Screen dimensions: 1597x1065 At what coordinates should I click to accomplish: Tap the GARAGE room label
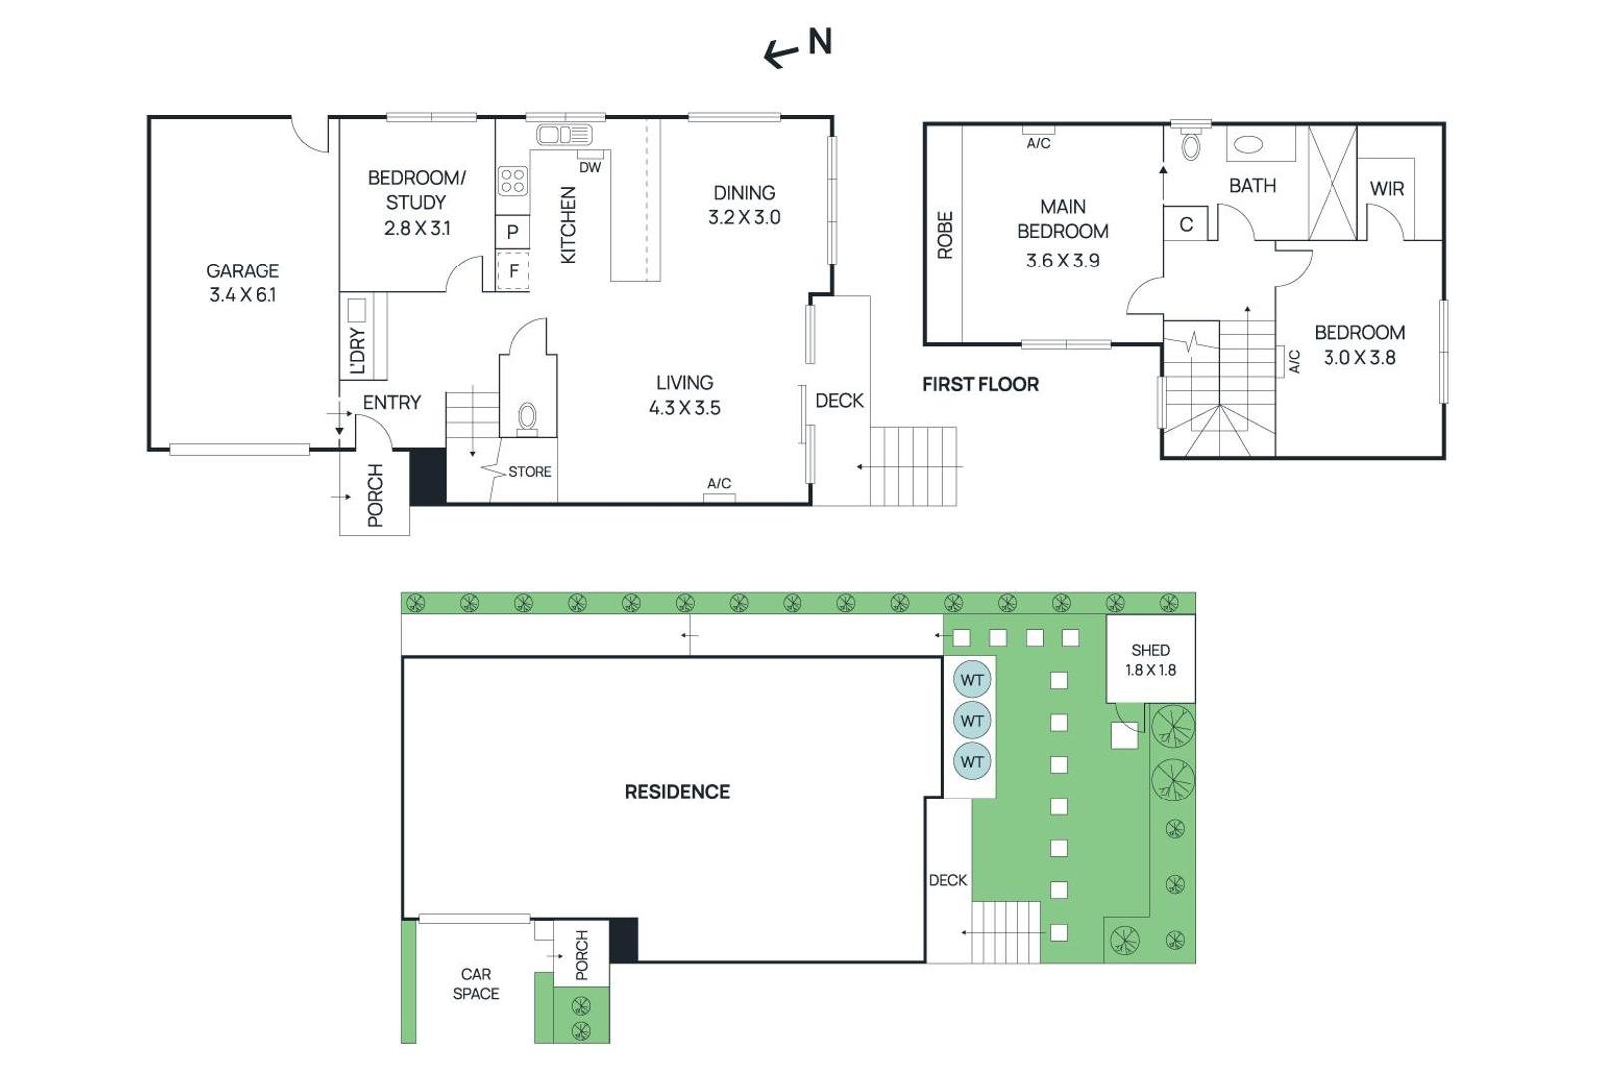[243, 270]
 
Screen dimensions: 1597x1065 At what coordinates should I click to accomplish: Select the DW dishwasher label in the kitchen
[590, 168]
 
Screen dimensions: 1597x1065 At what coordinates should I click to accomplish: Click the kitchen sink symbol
[564, 134]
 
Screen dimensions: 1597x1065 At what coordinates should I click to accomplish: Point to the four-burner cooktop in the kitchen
[513, 180]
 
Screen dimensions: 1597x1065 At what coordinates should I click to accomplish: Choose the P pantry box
[513, 231]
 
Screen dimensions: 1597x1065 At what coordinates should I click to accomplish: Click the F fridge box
[513, 270]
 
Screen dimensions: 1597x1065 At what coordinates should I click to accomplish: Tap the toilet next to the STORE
[528, 417]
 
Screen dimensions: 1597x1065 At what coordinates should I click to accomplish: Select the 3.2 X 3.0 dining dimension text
[744, 217]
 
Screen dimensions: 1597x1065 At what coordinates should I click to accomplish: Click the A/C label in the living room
[719, 483]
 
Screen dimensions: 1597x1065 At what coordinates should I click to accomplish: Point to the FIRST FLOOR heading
[980, 385]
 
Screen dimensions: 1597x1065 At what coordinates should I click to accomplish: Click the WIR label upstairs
[1386, 189]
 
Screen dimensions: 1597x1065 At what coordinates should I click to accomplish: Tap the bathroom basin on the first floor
[1248, 145]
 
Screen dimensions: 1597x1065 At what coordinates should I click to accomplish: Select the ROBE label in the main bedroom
[944, 235]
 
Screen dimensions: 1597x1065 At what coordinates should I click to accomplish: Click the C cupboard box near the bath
[1185, 224]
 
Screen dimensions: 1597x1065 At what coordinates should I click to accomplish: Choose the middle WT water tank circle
[972, 720]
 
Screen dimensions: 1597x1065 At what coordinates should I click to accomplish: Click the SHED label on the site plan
[1150, 650]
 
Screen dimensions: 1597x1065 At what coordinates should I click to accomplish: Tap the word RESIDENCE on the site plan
[677, 792]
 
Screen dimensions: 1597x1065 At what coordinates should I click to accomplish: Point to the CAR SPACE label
[475, 984]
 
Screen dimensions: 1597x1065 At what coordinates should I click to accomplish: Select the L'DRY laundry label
[358, 351]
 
